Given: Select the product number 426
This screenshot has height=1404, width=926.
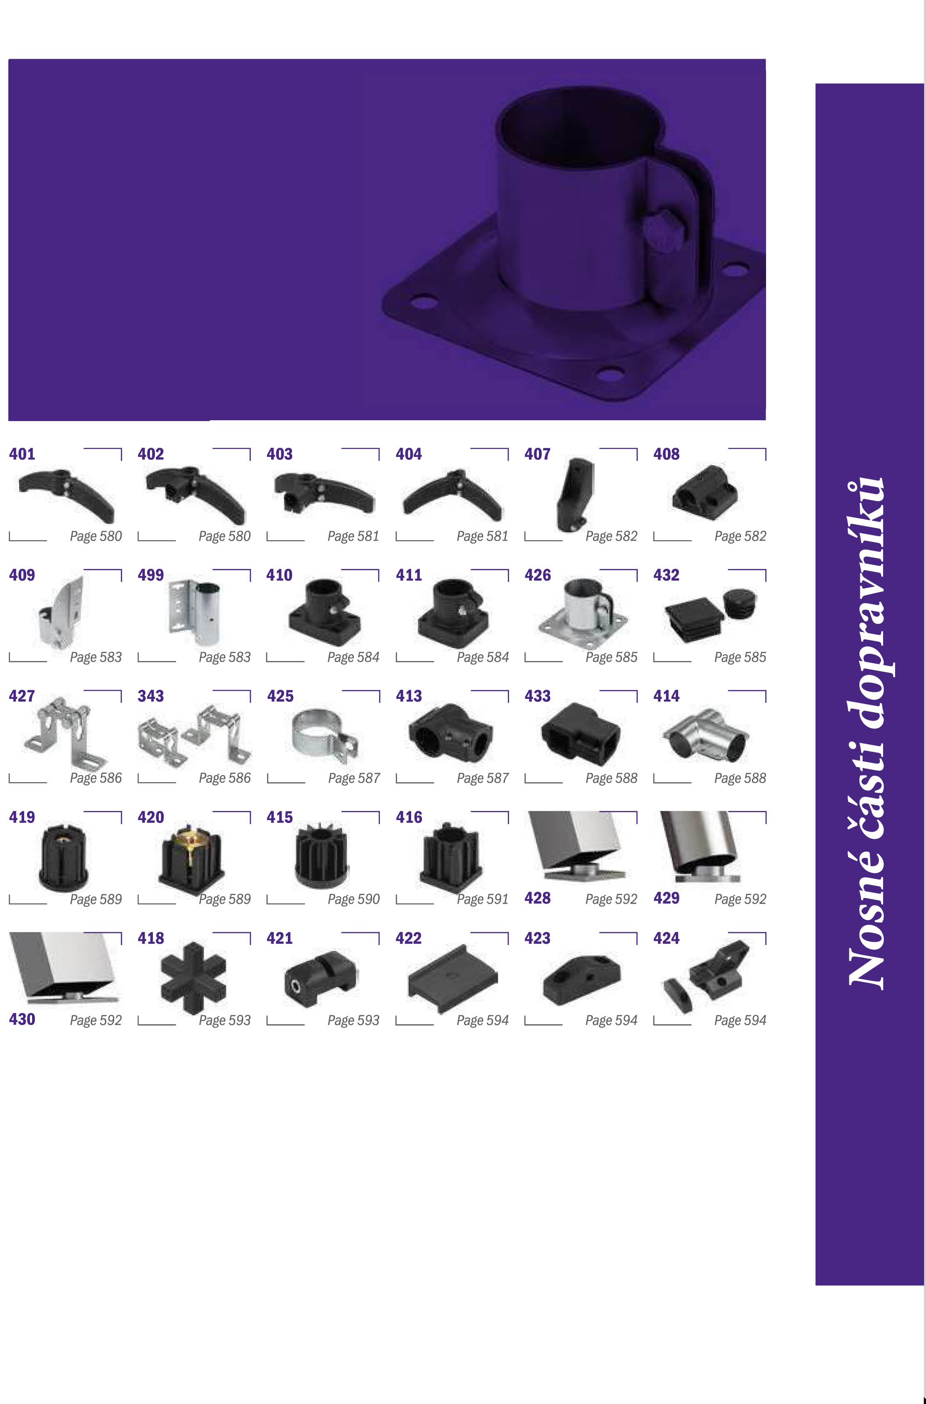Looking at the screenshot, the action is [537, 575].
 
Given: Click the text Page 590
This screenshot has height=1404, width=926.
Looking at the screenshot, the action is [353, 899].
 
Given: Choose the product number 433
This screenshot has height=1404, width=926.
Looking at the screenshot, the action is [537, 696].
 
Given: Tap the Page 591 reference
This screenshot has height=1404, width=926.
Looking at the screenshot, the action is [482, 899].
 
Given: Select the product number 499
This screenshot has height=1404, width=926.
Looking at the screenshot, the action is [151, 575].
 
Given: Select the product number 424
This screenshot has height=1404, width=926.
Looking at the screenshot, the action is [666, 938].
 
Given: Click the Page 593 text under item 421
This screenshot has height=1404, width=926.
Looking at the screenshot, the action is [353, 1020].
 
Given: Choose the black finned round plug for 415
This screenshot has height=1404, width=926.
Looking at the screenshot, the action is [322, 856].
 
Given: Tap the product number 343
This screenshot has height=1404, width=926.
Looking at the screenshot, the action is [151, 696].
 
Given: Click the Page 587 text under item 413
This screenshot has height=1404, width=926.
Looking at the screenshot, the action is [482, 778].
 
